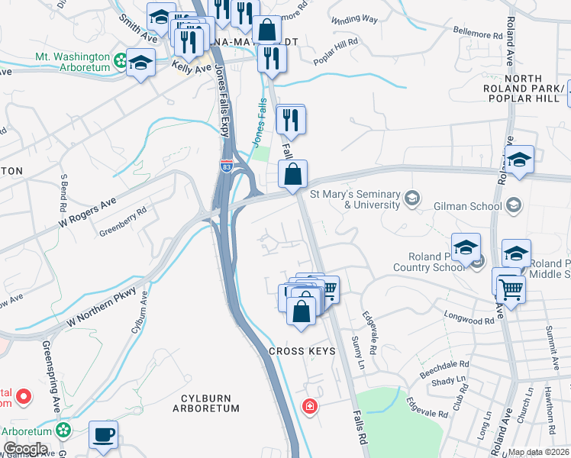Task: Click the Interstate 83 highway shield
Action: (226, 166)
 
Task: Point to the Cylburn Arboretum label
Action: (211, 403)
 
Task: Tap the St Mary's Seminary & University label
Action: (372, 200)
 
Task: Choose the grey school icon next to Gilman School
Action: (514, 205)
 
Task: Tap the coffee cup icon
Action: (103, 435)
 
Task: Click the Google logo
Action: (24, 449)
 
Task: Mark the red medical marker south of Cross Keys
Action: (310, 405)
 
